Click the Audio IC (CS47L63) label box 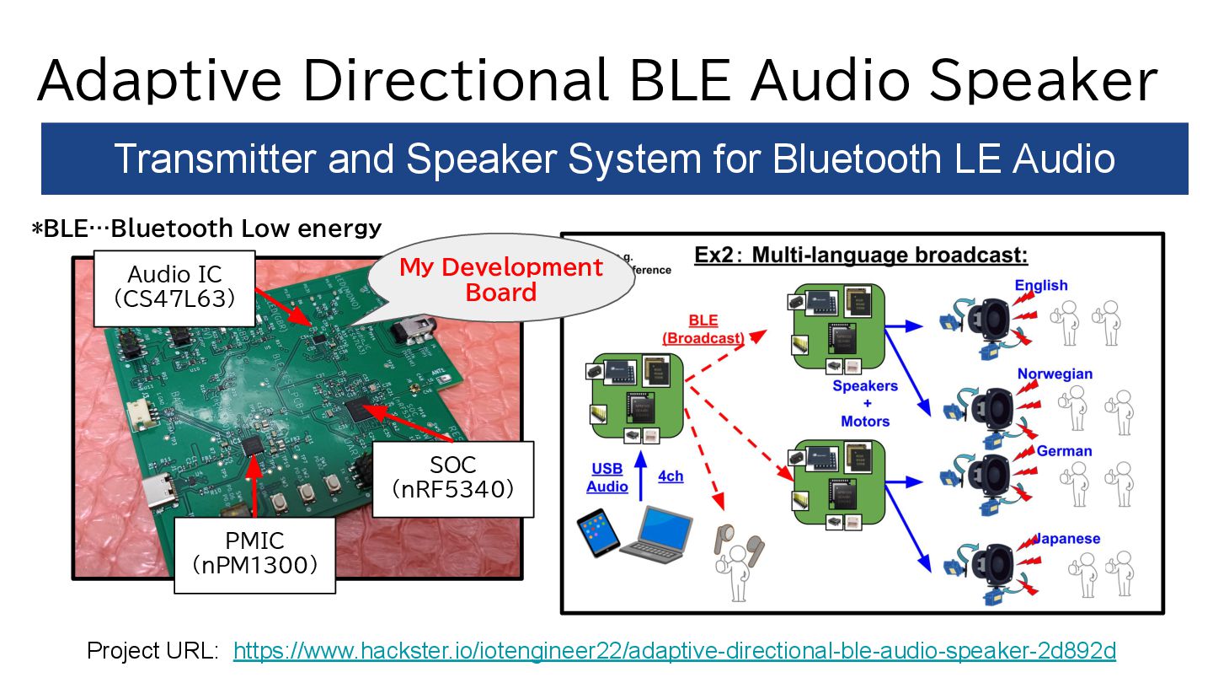(x=174, y=287)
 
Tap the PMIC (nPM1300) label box (x=254, y=553)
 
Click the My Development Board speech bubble (x=500, y=281)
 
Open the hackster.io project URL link (x=674, y=650)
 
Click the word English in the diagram (x=1040, y=286)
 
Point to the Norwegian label (x=1055, y=374)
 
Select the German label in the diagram (x=1064, y=451)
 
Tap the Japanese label (x=1067, y=539)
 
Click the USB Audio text (x=607, y=477)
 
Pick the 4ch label (x=671, y=476)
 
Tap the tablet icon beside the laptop (x=597, y=535)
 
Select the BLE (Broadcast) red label (x=703, y=330)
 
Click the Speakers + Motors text (x=865, y=403)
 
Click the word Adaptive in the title (x=160, y=80)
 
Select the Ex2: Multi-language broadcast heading (x=861, y=255)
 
